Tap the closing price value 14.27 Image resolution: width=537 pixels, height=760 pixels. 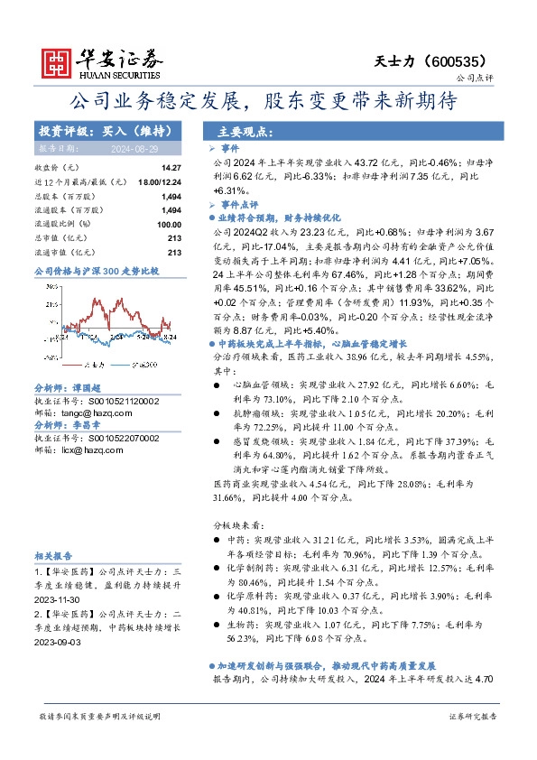[171, 168]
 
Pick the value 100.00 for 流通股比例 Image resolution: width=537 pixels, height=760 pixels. [169, 224]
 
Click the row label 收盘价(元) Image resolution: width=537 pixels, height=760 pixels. [56, 168]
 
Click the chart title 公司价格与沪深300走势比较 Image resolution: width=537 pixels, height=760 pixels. [96, 270]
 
